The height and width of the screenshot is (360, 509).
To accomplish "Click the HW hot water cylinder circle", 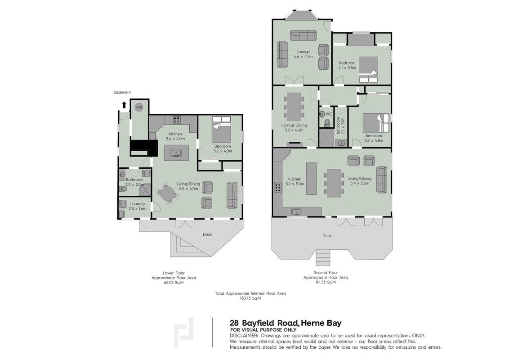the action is [x=139, y=107].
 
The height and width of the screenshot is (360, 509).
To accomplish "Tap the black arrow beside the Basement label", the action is [x=124, y=104].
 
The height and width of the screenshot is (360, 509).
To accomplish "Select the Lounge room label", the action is [x=303, y=52].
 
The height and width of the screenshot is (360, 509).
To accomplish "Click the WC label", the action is [x=329, y=114].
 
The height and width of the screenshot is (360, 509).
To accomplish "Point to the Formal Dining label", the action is [x=294, y=125].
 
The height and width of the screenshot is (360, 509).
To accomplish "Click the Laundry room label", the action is [x=137, y=204].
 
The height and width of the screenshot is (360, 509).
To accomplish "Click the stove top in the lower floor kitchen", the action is [x=177, y=120].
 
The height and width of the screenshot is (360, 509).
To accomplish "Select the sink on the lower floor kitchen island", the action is [x=176, y=153].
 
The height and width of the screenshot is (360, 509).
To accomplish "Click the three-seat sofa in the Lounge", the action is [x=303, y=36].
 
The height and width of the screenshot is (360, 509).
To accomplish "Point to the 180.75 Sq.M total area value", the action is [x=250, y=298].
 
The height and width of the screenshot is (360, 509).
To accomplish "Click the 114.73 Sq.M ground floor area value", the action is [x=326, y=282].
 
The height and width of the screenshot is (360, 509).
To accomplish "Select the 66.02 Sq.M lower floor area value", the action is [x=174, y=283].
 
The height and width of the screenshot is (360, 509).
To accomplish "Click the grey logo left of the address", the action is [x=184, y=333].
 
